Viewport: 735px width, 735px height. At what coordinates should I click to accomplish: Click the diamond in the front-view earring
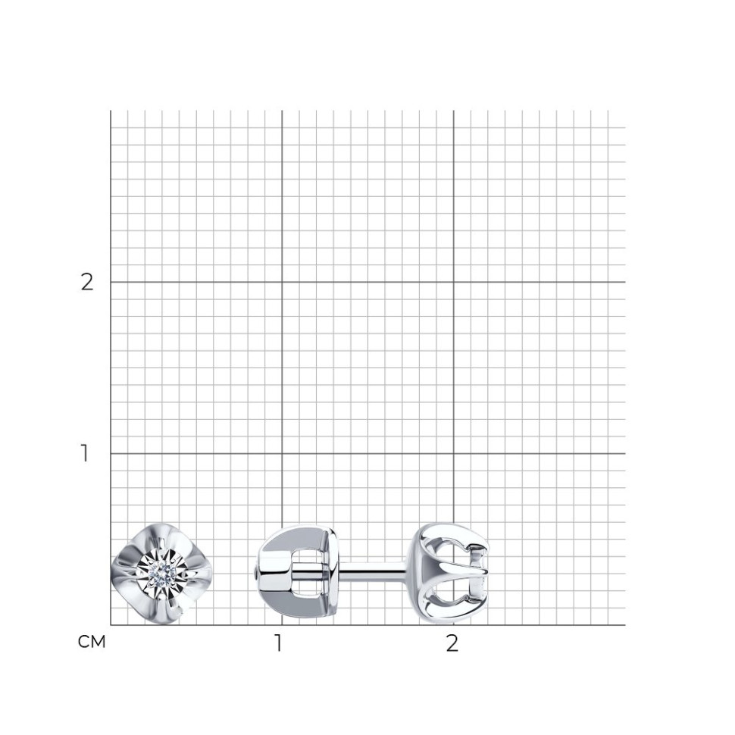[x=161, y=574]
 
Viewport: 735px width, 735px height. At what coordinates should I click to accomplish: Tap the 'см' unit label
[x=92, y=642]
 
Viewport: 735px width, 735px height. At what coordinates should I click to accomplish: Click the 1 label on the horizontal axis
[x=278, y=643]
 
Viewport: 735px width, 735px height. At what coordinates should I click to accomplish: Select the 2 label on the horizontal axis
[x=452, y=643]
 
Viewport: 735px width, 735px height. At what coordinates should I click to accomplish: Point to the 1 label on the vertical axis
[x=84, y=453]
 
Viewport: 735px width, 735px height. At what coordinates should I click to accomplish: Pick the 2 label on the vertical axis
[x=87, y=282]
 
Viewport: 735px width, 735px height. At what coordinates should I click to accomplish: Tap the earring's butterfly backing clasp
[x=297, y=574]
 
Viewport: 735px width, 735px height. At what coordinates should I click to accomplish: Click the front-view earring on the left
[x=161, y=574]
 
